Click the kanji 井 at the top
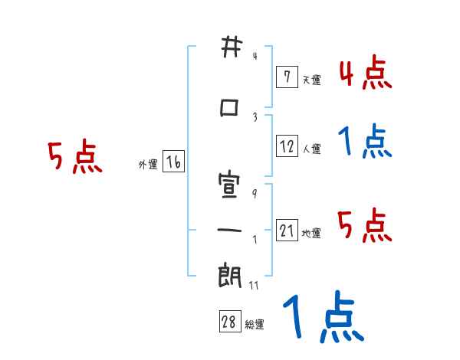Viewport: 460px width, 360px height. [232, 47]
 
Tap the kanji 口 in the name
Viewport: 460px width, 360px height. [229, 108]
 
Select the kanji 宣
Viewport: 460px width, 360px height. [229, 185]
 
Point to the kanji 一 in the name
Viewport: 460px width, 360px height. [229, 230]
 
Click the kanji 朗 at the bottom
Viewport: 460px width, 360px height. [230, 275]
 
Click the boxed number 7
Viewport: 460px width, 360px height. [287, 77]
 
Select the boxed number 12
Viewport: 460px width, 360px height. [287, 146]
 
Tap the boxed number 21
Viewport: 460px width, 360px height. [287, 230]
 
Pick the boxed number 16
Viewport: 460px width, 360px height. [174, 162]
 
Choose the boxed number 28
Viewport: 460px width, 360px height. [230, 321]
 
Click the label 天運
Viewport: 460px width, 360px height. [312, 80]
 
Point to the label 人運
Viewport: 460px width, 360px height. [312, 149]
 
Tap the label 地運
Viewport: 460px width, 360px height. [311, 233]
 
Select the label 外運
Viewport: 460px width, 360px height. [148, 165]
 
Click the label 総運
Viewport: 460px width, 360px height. [255, 325]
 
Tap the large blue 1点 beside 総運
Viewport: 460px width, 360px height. [324, 316]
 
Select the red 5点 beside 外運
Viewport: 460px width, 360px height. [75, 156]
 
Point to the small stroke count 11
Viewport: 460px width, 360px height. [254, 285]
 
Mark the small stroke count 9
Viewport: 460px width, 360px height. [255, 194]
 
